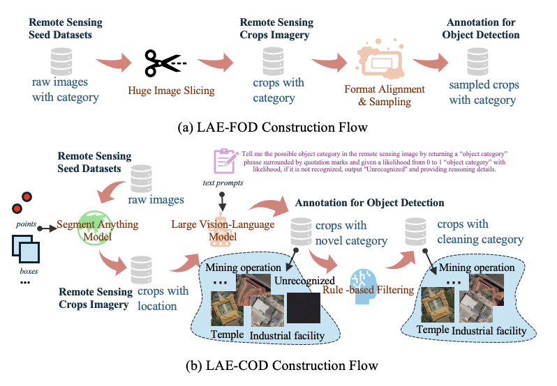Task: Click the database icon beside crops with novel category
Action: click(x=301, y=231)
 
